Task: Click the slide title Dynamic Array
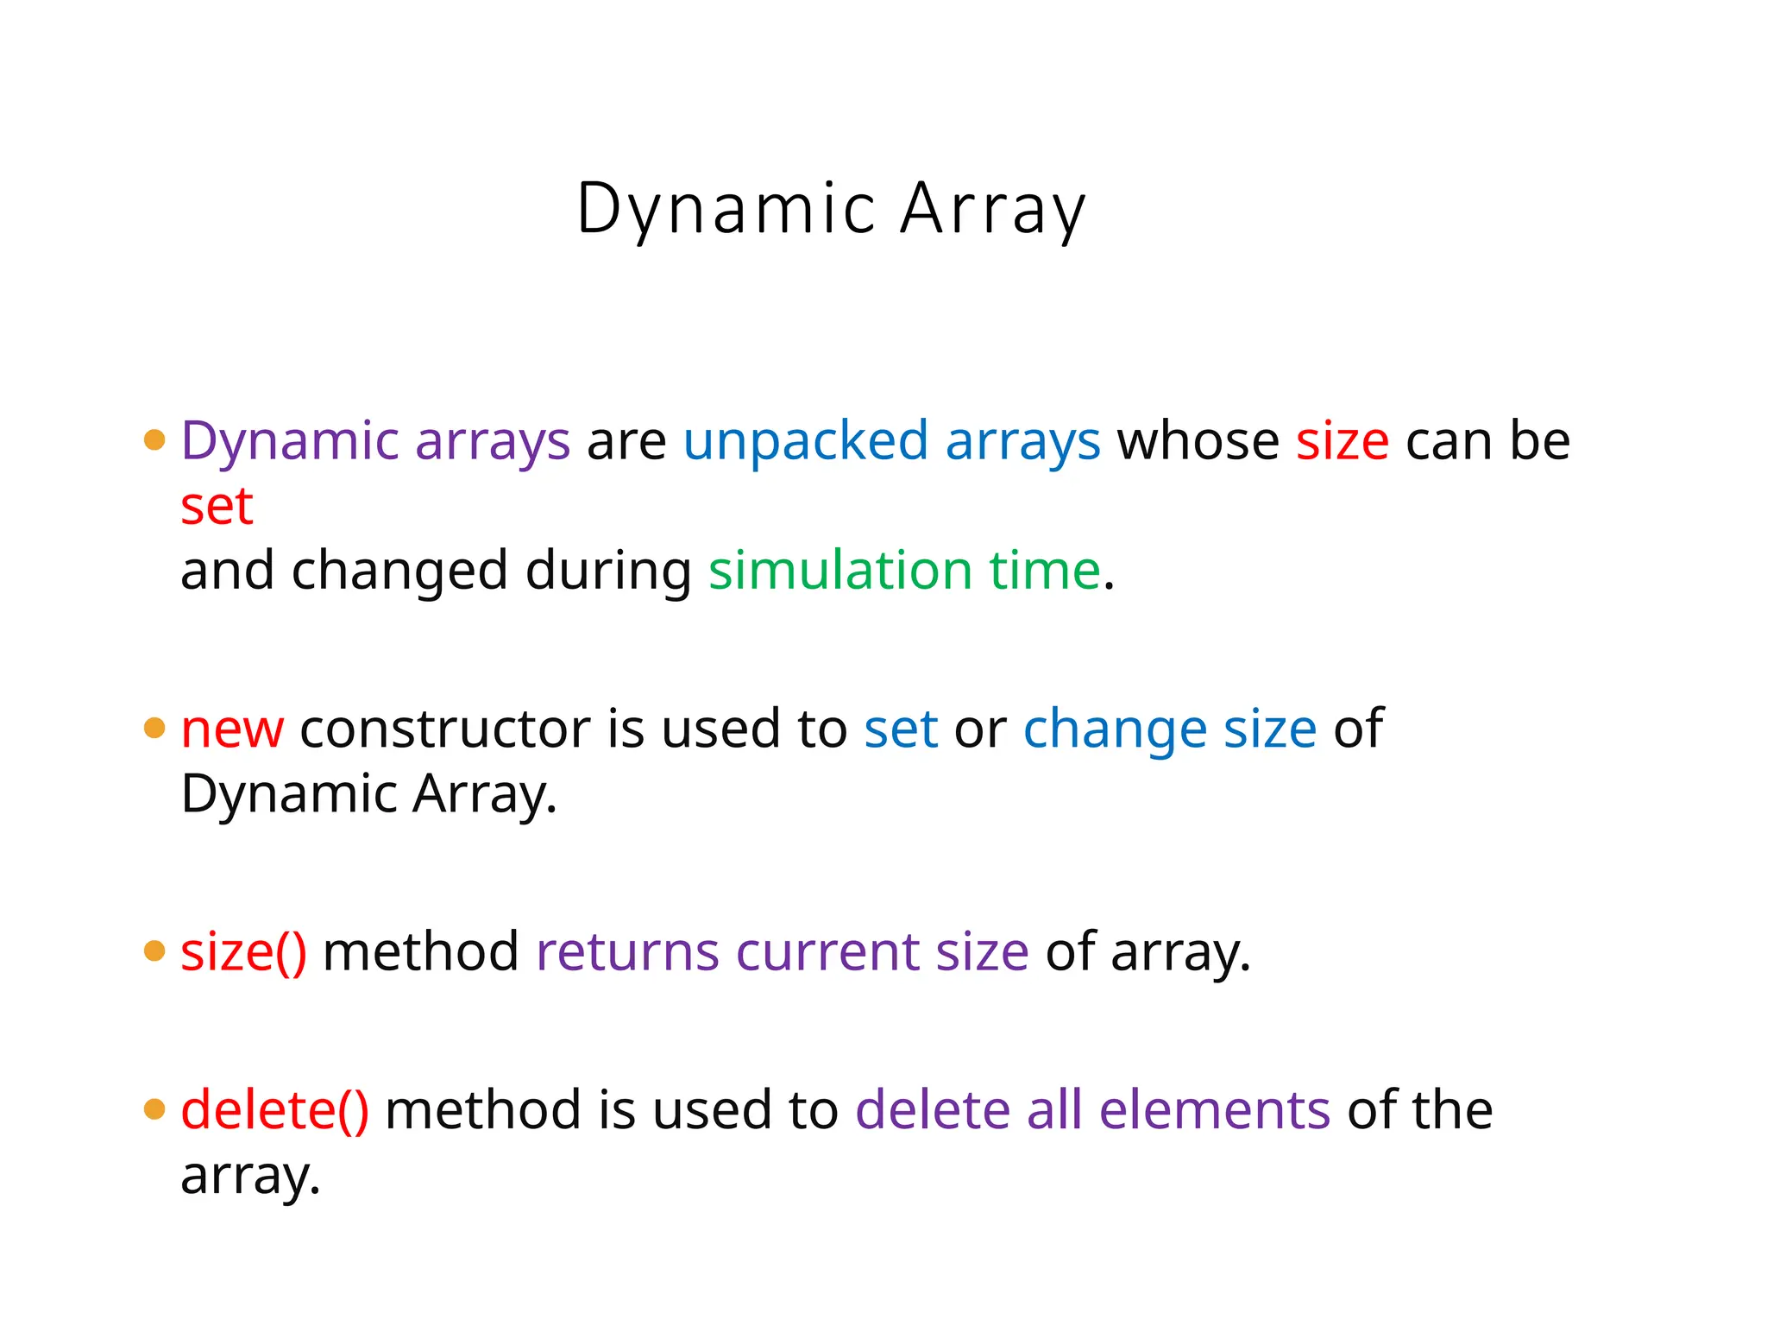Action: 831,210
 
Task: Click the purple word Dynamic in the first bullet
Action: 289,442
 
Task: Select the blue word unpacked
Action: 805,442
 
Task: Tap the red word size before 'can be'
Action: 1342,442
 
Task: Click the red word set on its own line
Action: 217,507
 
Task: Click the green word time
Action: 1044,571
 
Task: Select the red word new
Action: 232,730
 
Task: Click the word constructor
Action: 444,730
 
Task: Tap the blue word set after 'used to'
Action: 901,730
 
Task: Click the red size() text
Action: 243,952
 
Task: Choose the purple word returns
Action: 627,952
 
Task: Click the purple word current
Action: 827,952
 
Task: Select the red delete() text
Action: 274,1110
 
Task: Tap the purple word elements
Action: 1215,1110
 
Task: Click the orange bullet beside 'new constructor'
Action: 154,729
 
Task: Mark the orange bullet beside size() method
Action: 154,951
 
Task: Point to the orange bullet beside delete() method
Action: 154,1109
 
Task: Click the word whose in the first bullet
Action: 1198,442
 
